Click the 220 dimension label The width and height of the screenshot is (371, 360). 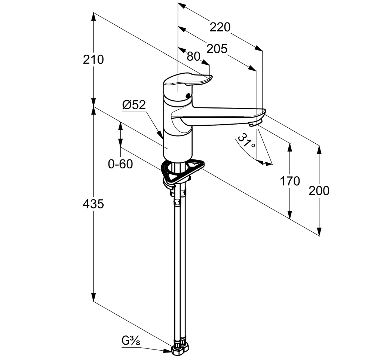coord(220,27)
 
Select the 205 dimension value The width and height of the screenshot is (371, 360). coord(217,49)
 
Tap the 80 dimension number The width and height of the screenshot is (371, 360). coord(193,56)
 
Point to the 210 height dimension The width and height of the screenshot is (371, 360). coord(93,59)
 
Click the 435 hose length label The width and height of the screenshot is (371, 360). coord(93,204)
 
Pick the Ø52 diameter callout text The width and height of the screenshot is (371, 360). coord(134,106)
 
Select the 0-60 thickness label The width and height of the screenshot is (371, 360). coord(120,164)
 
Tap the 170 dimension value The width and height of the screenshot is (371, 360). coord(290,181)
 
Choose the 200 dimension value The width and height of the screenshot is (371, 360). coord(319,191)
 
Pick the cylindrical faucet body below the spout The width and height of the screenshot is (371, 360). coord(178,144)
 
